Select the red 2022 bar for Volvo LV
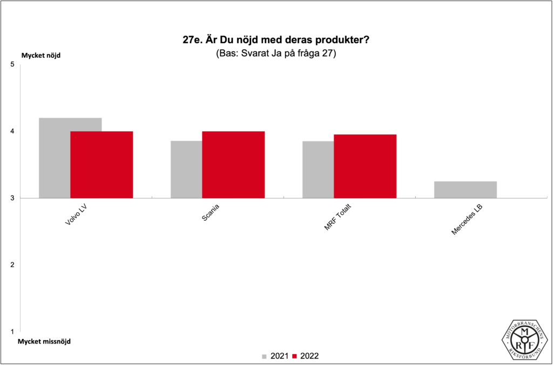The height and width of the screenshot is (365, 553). coord(102,165)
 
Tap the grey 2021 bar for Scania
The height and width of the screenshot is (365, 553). coord(186,170)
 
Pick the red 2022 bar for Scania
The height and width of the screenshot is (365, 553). coord(233,165)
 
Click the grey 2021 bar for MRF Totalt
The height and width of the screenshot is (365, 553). coord(318,170)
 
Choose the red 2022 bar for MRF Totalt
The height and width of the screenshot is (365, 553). coord(365,166)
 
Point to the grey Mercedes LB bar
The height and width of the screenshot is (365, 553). coord(466,190)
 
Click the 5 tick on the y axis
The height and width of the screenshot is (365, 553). coord(12,65)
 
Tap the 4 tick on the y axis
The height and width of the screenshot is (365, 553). coord(12,131)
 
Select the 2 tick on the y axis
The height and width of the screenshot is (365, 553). coord(12,265)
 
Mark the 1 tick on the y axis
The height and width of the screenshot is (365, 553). coord(12,331)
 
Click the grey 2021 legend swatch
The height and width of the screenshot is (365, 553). coord(265,356)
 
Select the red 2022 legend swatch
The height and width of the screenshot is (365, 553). coord(294,356)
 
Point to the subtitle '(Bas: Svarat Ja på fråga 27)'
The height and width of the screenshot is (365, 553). coord(276,54)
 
